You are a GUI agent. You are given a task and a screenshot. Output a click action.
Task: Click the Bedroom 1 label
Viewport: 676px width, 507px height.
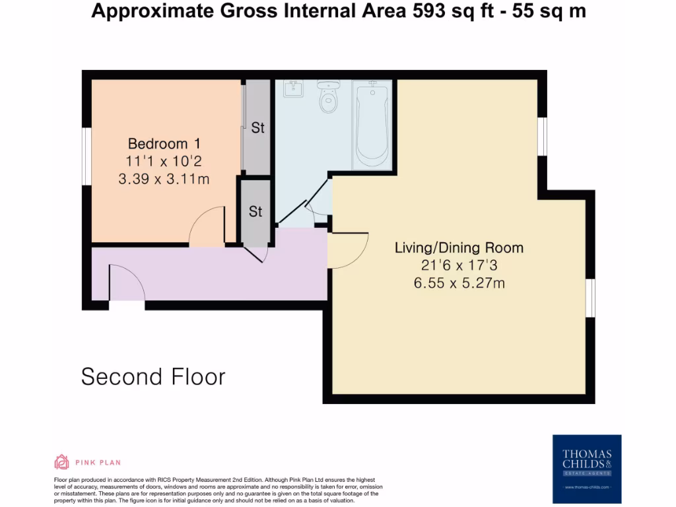164,143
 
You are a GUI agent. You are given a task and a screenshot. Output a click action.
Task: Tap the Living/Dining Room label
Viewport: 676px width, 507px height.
459,248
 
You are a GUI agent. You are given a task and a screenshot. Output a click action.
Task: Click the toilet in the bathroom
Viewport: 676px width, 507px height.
328,97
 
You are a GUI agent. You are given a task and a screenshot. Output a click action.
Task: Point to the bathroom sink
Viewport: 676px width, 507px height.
293,88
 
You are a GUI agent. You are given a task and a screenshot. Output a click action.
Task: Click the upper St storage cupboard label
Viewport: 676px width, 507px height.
257,128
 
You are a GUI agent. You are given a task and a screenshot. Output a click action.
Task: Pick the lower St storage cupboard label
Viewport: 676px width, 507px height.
255,211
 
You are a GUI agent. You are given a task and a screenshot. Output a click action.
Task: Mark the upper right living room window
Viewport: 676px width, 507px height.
542,137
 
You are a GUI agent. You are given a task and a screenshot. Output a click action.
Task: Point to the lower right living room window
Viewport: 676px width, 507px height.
590,298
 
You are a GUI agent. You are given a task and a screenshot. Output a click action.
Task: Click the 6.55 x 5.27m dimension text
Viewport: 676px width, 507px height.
459,283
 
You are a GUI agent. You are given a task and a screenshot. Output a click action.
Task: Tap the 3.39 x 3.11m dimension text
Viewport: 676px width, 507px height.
164,178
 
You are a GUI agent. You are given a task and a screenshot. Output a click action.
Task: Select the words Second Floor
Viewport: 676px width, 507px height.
153,376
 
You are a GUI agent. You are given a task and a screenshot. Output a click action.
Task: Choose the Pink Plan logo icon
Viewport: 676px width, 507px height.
61,462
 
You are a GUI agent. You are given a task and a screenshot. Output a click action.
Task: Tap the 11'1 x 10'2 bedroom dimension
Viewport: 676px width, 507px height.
164,161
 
